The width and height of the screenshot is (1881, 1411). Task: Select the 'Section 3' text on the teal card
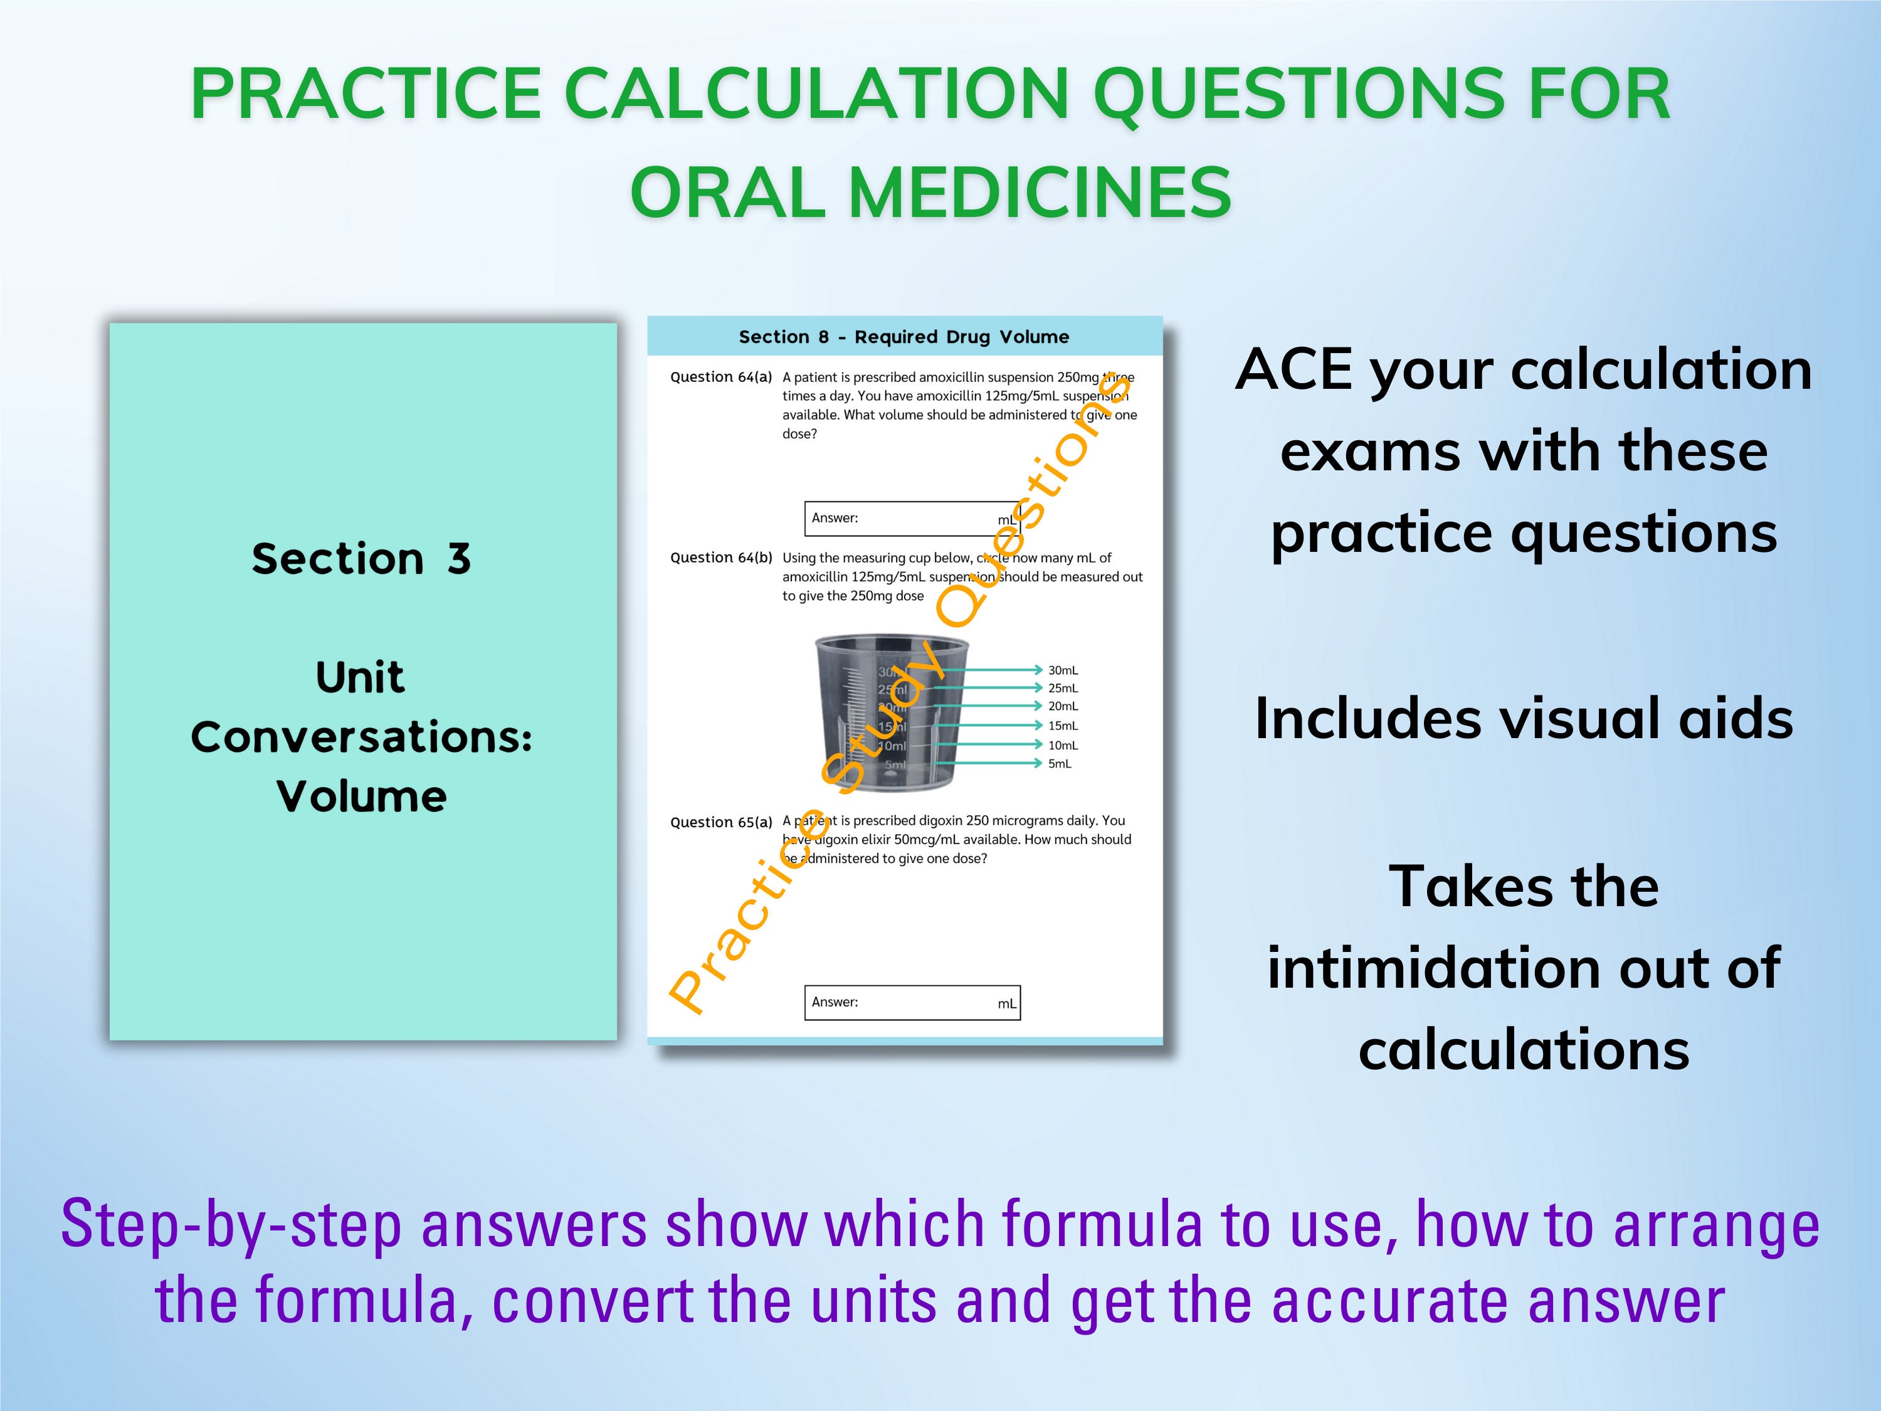pyautogui.click(x=361, y=559)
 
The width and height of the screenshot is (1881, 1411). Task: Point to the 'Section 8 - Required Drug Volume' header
pyautogui.click(x=904, y=337)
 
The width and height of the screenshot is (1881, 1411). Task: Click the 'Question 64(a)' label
pyautogui.click(x=721, y=377)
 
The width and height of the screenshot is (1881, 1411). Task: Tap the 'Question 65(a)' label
pyautogui.click(x=721, y=822)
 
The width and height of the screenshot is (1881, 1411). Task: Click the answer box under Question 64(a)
pyautogui.click(x=912, y=518)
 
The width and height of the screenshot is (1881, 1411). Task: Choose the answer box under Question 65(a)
pyautogui.click(x=912, y=1002)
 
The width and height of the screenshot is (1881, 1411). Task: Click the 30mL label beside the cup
pyautogui.click(x=1063, y=670)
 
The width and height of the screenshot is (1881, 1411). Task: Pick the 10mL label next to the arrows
pyautogui.click(x=1063, y=745)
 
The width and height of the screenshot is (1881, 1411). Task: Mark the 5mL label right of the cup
pyautogui.click(x=1060, y=764)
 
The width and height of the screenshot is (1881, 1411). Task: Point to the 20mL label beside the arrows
pyautogui.click(x=1063, y=706)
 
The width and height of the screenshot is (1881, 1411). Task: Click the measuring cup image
pyautogui.click(x=884, y=713)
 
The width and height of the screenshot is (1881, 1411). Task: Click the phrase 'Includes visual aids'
pyautogui.click(x=1524, y=719)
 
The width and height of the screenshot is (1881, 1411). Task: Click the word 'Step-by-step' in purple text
pyautogui.click(x=231, y=1225)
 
